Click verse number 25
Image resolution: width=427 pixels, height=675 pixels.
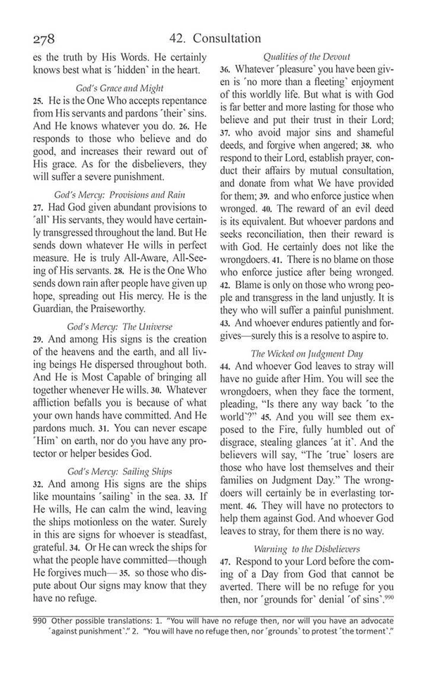(38, 101)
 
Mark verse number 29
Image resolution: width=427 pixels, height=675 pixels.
(38, 339)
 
